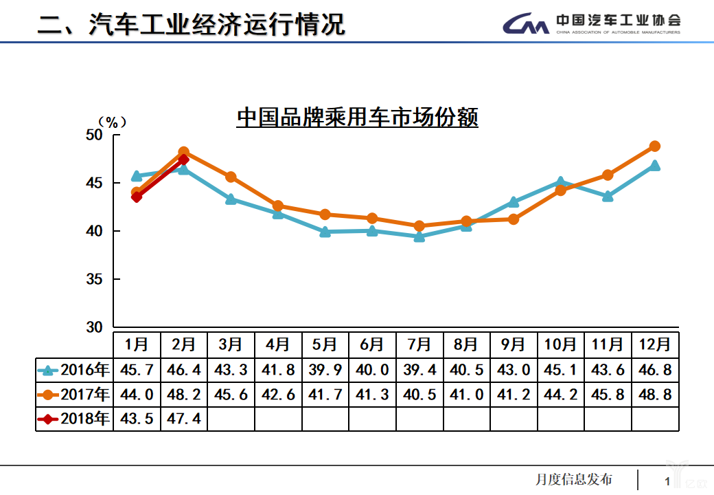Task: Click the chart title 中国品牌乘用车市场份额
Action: (x=357, y=117)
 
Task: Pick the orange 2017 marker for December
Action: (x=654, y=146)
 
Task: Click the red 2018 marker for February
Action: (x=183, y=159)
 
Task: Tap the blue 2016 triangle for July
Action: (x=419, y=236)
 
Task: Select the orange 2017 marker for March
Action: (x=231, y=177)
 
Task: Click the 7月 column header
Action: (x=419, y=344)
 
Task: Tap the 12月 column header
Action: (x=654, y=344)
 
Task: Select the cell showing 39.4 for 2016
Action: (x=419, y=370)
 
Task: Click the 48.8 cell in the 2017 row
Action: (x=654, y=395)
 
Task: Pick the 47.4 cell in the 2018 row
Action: (x=184, y=418)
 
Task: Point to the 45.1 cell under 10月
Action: (x=560, y=370)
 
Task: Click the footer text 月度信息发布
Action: (x=573, y=479)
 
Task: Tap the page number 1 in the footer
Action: (x=667, y=481)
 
